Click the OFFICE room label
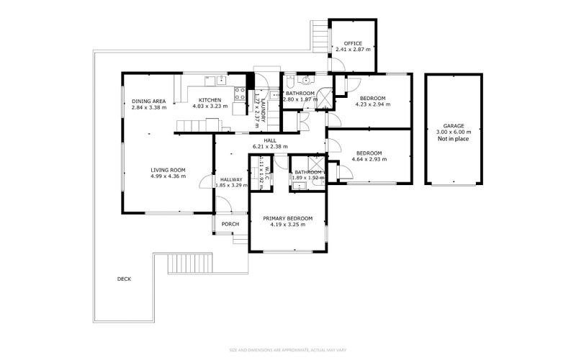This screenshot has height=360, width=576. pyautogui.click(x=353, y=43)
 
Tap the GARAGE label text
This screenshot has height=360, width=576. pyautogui.click(x=454, y=126)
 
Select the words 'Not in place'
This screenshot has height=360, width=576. pyautogui.click(x=454, y=139)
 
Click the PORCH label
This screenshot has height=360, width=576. pyautogui.click(x=230, y=224)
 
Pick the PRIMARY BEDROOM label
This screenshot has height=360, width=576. pyautogui.click(x=288, y=218)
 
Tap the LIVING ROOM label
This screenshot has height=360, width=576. pyautogui.click(x=168, y=170)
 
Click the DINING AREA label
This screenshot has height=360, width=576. pyautogui.click(x=149, y=100)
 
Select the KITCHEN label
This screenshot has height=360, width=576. pyautogui.click(x=210, y=100)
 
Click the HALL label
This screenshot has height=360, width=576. pyautogui.click(x=270, y=140)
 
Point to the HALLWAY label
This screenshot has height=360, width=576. pyautogui.click(x=231, y=180)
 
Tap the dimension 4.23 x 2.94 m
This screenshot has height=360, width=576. pyautogui.click(x=372, y=104)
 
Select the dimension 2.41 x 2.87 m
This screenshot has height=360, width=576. pyautogui.click(x=353, y=50)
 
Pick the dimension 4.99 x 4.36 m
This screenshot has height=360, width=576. pyautogui.click(x=168, y=176)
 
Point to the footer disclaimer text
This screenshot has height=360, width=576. pyautogui.click(x=288, y=351)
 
